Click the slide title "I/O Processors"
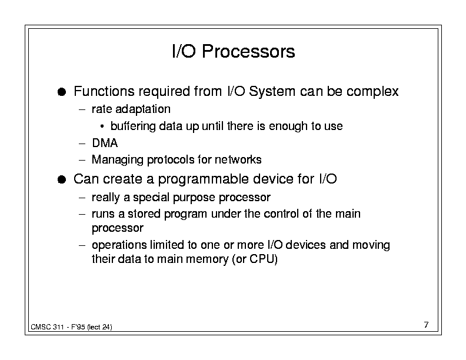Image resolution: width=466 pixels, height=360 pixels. [x=234, y=51]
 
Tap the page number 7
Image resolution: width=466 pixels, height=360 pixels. [x=426, y=325]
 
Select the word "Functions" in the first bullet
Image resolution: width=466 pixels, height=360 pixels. [x=104, y=91]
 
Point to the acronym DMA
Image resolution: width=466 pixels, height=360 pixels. [x=105, y=143]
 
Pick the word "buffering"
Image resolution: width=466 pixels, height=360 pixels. [x=133, y=126]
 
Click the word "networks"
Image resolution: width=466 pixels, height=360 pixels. [x=238, y=159]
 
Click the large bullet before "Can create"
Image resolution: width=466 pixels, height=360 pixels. [x=62, y=179]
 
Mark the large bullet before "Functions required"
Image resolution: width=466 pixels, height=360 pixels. [x=62, y=92]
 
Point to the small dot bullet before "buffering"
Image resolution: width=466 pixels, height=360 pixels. [x=102, y=126]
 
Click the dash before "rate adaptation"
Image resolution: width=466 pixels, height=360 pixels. [x=82, y=109]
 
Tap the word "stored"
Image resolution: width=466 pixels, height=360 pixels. [x=144, y=214]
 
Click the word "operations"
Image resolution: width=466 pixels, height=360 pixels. [x=119, y=245]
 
